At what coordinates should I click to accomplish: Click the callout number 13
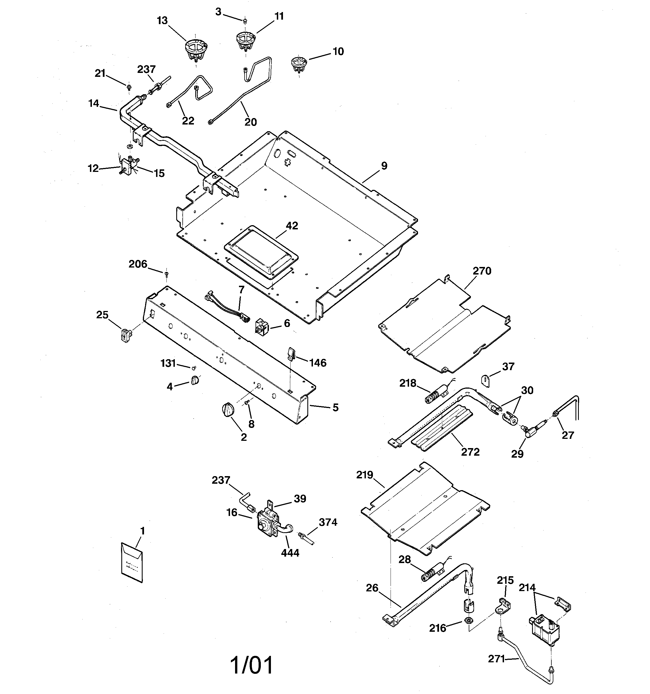pyautogui.click(x=162, y=21)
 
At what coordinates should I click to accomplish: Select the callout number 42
pyautogui.click(x=292, y=226)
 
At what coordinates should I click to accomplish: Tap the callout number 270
pyautogui.click(x=482, y=271)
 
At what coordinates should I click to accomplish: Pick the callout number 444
pyautogui.click(x=290, y=553)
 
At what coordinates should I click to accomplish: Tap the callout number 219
pyautogui.click(x=365, y=475)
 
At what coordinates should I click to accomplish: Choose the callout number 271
pyautogui.click(x=496, y=659)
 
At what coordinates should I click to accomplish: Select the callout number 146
pyautogui.click(x=317, y=363)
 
